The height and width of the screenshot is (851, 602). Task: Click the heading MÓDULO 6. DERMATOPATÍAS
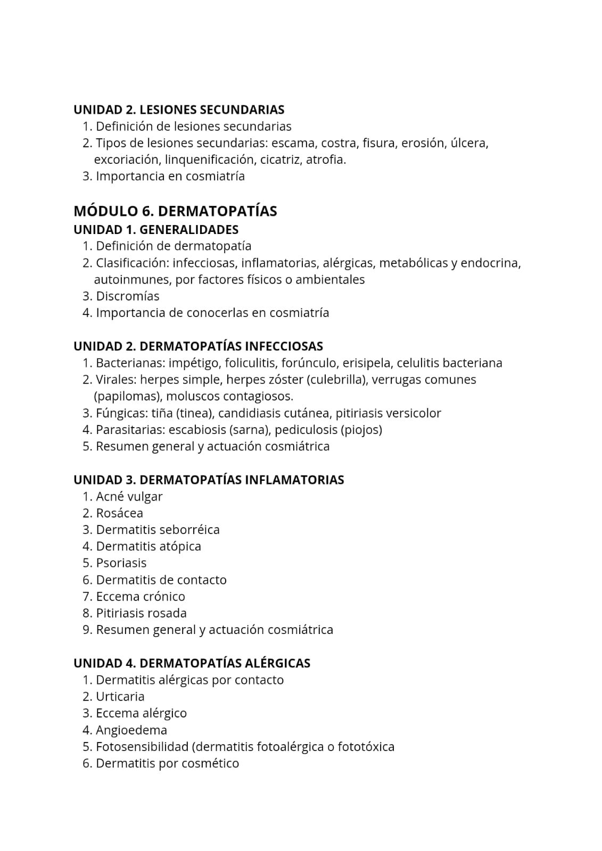[175, 211]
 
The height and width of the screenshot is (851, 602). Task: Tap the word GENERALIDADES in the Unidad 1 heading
[188, 230]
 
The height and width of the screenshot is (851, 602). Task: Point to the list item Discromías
[127, 296]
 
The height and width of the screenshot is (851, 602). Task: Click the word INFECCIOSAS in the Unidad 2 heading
[283, 346]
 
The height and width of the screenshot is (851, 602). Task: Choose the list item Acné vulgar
[129, 497]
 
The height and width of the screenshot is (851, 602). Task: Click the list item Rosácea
[119, 513]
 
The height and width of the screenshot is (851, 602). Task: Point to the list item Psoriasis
[121, 563]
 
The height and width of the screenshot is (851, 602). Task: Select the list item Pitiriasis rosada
[141, 613]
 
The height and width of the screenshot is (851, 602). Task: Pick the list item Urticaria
[120, 697]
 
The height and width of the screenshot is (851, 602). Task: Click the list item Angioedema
[131, 730]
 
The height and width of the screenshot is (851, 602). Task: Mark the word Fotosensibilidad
[142, 747]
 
